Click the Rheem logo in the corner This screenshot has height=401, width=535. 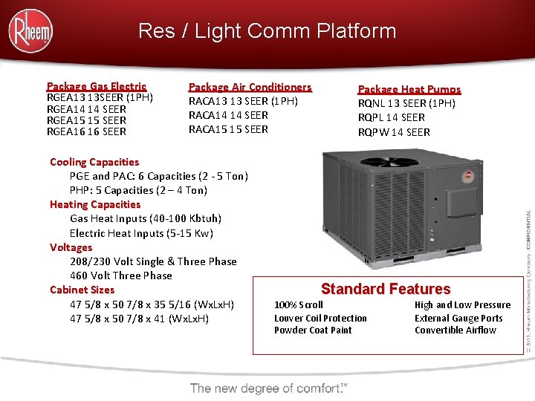pyautogui.click(x=30, y=30)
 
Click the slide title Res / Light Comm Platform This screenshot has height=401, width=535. pyautogui.click(x=267, y=31)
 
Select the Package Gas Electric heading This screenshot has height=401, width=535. pyautogui.click(x=97, y=86)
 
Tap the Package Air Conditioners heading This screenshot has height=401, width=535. pyautogui.click(x=250, y=87)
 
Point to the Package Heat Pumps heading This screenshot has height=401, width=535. pyautogui.click(x=409, y=89)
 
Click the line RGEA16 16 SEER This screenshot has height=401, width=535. pyautogui.click(x=86, y=131)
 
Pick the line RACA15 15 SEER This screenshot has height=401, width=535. pyautogui.click(x=228, y=129)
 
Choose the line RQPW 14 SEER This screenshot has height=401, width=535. pyautogui.click(x=394, y=132)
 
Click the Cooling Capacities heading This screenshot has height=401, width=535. pyautogui.click(x=94, y=162)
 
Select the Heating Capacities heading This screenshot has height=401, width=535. pyautogui.click(x=95, y=204)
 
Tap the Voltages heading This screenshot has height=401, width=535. pyautogui.click(x=71, y=247)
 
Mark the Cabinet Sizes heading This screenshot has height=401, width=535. pyautogui.click(x=82, y=290)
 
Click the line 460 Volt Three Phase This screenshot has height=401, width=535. pyautogui.click(x=121, y=276)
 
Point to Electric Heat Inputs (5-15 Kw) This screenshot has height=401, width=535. pyautogui.click(x=141, y=233)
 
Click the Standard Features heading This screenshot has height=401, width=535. pyautogui.click(x=386, y=289)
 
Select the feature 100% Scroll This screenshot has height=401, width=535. pyautogui.click(x=299, y=304)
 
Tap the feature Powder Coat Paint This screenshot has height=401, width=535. pyautogui.click(x=313, y=330)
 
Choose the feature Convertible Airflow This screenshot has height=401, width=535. pyautogui.click(x=455, y=330)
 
